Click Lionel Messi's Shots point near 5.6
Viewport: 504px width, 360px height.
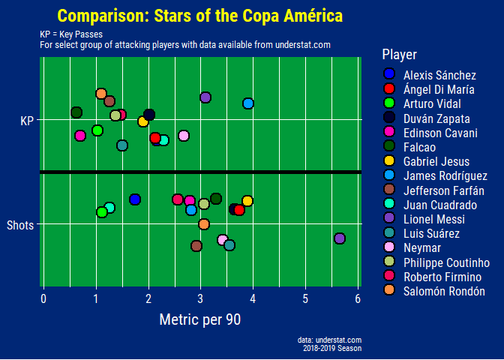click(339, 238)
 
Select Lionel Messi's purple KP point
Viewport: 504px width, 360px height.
click(205, 97)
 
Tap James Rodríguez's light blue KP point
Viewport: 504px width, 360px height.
click(248, 103)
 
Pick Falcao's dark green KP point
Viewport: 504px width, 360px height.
click(76, 112)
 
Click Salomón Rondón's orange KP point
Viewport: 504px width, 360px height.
click(101, 94)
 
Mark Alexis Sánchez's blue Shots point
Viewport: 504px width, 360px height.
click(135, 199)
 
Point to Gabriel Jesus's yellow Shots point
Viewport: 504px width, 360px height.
click(247, 201)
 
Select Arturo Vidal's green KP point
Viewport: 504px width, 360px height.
click(97, 130)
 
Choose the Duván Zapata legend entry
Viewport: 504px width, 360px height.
click(436, 118)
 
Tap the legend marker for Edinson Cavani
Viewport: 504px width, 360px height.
click(388, 133)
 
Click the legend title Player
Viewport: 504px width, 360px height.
click(399, 54)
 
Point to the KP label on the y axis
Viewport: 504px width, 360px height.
click(27, 120)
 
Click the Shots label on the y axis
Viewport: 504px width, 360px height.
click(20, 224)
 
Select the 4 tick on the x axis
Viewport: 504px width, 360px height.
click(253, 299)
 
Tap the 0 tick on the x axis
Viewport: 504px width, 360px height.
click(43, 299)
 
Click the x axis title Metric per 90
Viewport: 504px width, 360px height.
click(200, 319)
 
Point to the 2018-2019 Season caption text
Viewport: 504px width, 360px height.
click(332, 348)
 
